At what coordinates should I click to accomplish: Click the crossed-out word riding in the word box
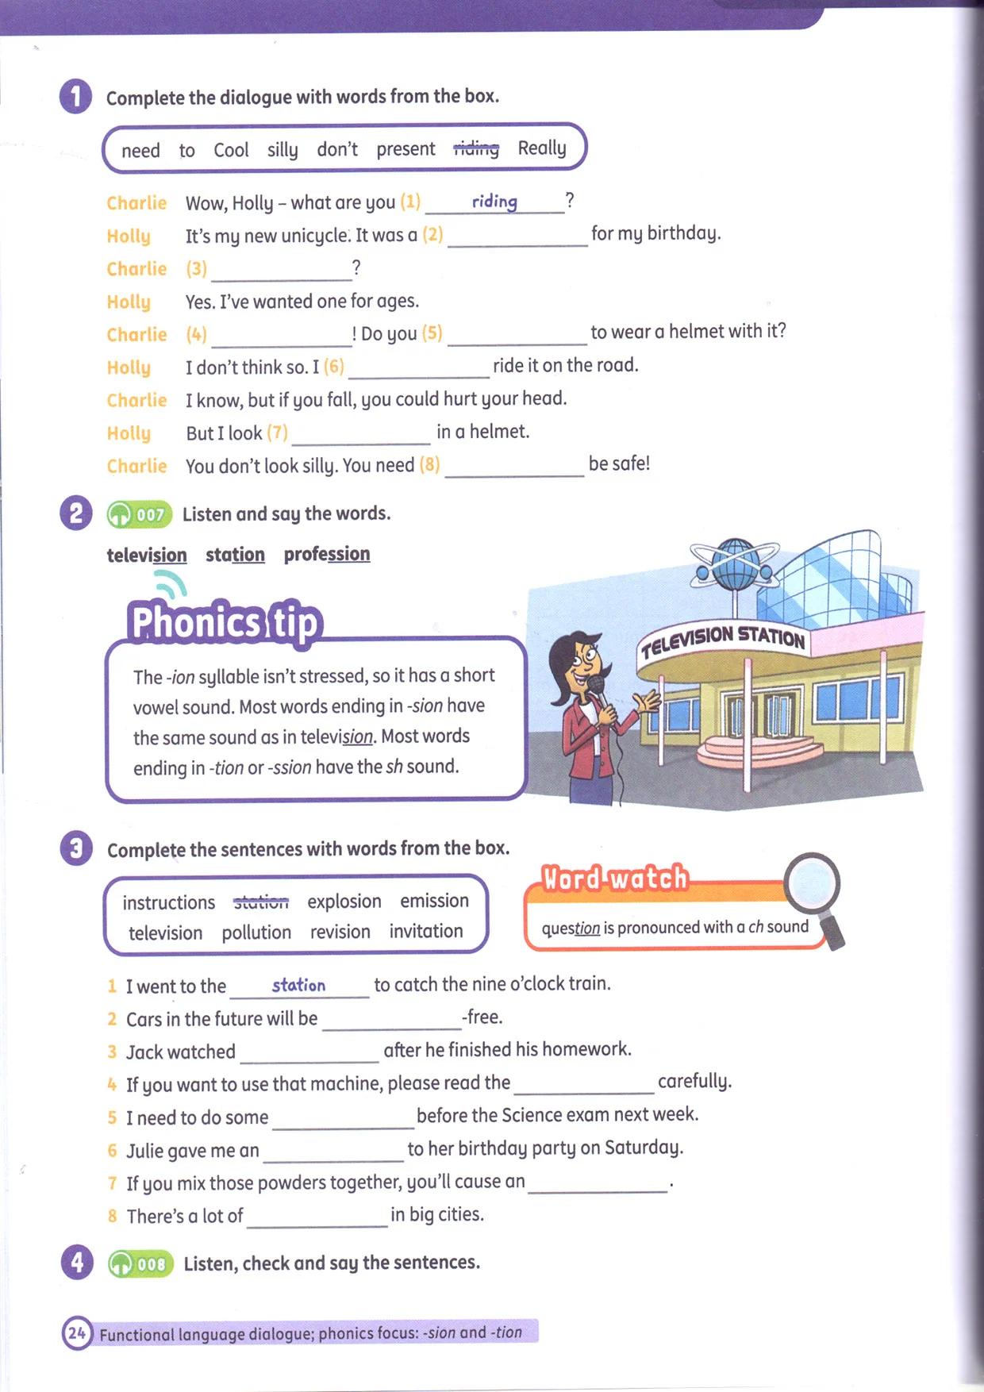tap(476, 148)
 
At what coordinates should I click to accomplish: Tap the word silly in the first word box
tap(283, 150)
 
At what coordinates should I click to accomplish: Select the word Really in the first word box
tap(542, 148)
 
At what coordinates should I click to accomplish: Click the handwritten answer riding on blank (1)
tap(494, 202)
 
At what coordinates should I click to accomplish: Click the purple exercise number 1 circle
tap(75, 97)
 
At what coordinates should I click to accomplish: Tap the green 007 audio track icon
tap(140, 514)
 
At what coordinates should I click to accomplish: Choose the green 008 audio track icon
tap(140, 1263)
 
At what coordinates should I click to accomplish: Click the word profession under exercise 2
tap(327, 554)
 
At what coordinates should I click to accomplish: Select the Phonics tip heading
tap(225, 622)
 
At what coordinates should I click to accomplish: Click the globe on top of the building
tap(736, 563)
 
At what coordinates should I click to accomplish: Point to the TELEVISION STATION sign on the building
tap(723, 640)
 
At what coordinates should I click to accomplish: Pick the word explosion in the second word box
tap(344, 902)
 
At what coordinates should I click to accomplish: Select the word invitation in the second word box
tap(426, 932)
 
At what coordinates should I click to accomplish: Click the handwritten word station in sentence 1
tap(298, 985)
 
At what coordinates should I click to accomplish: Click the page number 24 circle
tap(77, 1333)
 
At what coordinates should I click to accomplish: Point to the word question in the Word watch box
tap(571, 928)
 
